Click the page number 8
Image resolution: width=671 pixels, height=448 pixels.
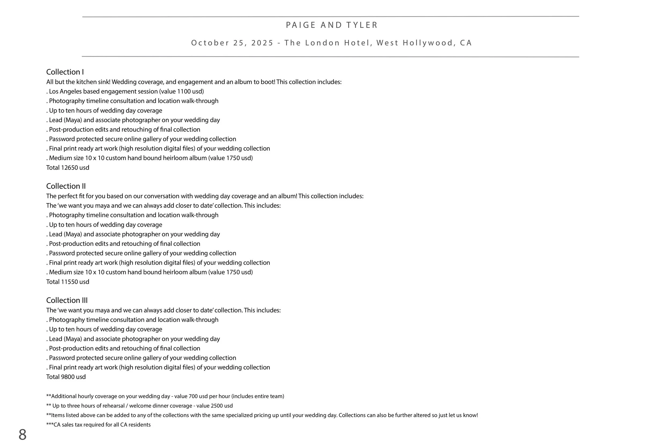[x=22, y=435]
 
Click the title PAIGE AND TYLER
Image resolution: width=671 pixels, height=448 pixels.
[x=332, y=25]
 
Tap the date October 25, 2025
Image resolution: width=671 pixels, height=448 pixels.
[x=232, y=43]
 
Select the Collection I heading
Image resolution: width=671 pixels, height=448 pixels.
[x=65, y=72]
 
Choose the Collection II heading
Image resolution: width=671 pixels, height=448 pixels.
[x=66, y=186]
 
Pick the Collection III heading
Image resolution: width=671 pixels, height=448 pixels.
[x=67, y=300]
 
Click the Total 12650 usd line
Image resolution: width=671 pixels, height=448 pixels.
[x=68, y=167]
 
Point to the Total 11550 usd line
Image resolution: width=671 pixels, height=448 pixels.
[x=68, y=282]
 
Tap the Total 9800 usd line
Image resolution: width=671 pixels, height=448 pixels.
[x=66, y=377]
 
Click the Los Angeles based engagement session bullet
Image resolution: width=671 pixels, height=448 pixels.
[x=125, y=91]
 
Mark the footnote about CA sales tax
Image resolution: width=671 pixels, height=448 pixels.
[x=99, y=425]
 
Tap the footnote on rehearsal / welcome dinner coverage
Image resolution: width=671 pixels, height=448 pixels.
[x=140, y=406]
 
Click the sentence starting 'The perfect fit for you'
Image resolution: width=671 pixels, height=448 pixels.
[x=205, y=196]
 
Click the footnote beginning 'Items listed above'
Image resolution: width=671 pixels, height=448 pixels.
[x=262, y=415]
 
